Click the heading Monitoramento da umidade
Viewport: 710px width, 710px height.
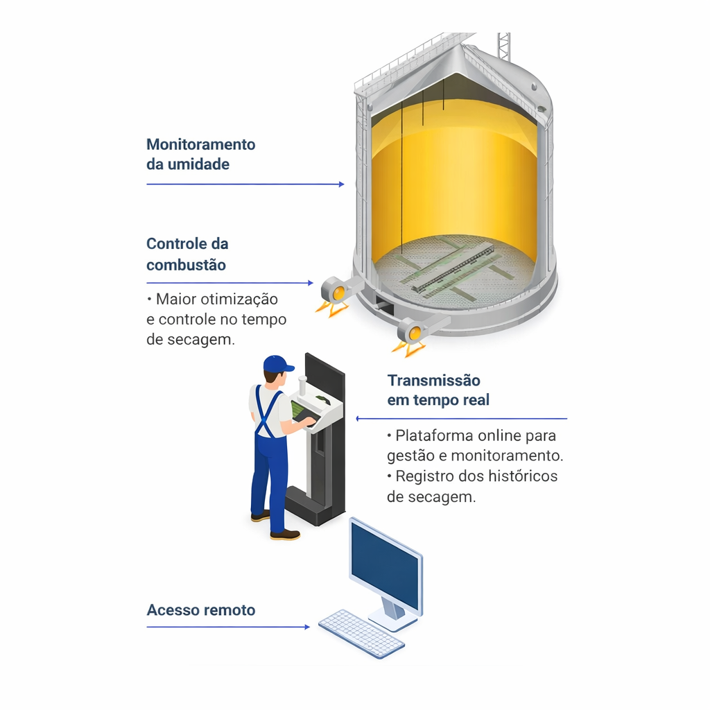click(x=200, y=154)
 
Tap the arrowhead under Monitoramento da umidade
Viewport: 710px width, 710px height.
click(x=341, y=184)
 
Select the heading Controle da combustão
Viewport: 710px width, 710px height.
click(x=187, y=254)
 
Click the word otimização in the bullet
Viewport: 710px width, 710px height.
click(x=239, y=300)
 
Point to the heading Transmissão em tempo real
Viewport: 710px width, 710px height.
click(x=438, y=390)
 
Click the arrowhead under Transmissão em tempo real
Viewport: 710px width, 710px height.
click(x=358, y=419)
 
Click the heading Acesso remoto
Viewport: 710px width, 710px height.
click(x=200, y=610)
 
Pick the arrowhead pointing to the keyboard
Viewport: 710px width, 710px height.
click(x=307, y=627)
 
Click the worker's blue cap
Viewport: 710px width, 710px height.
click(x=277, y=364)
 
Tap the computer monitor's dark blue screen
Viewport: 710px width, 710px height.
click(x=385, y=566)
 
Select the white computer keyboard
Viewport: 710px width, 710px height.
click(x=361, y=634)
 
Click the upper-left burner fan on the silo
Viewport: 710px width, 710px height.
click(x=338, y=291)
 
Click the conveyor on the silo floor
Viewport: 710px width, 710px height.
click(x=453, y=267)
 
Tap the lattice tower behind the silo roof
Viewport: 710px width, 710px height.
click(x=503, y=46)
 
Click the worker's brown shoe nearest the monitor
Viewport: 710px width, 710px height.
click(x=285, y=535)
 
